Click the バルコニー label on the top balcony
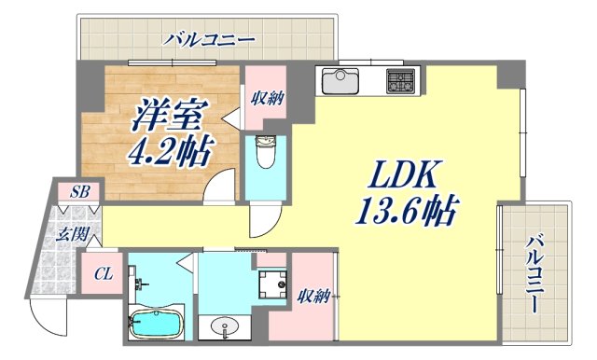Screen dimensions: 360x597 (210, 39)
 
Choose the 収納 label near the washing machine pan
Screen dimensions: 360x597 (312, 297)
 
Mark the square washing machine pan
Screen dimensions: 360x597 (272, 283)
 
